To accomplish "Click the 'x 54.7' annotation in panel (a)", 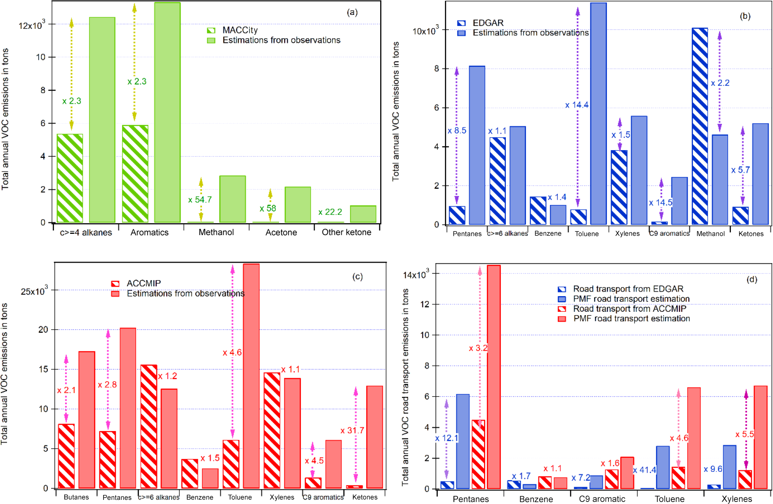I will [x=200, y=200].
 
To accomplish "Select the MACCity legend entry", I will [x=240, y=30].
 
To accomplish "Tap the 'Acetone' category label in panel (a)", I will [x=281, y=233].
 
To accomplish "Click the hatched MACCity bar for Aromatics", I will [x=135, y=174].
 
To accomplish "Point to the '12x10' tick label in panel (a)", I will [x=31, y=25].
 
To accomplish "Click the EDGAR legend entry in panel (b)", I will [x=488, y=23].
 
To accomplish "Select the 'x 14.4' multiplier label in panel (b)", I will [x=577, y=105].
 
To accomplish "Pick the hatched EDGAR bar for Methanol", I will [x=700, y=126].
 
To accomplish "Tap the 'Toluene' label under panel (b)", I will [x=587, y=234].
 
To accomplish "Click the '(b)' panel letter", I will [x=745, y=16].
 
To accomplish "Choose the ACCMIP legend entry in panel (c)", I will [x=143, y=283].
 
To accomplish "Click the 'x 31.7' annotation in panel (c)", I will [x=352, y=431].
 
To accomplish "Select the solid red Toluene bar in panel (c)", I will [x=251, y=376].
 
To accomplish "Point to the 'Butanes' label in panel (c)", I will [x=76, y=497].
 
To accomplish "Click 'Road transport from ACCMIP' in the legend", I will [x=629, y=309].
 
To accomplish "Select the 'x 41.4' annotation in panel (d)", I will [x=644, y=470].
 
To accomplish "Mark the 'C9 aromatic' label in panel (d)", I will [x=602, y=499].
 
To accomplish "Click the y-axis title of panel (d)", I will [x=405, y=387].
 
